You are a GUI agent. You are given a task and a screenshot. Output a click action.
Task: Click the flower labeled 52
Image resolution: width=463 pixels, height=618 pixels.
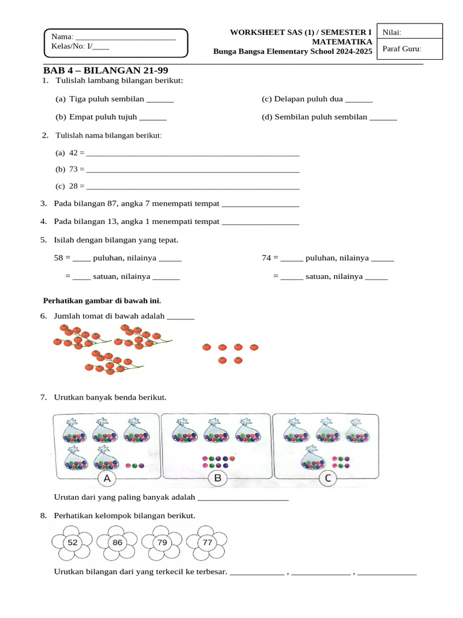[x=72, y=543]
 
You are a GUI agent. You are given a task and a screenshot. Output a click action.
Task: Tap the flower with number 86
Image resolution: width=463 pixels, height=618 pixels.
[x=118, y=543]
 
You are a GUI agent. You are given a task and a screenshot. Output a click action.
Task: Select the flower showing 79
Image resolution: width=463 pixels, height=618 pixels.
[x=162, y=543]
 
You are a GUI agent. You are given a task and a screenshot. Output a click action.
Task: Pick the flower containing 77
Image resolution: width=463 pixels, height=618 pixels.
[x=207, y=543]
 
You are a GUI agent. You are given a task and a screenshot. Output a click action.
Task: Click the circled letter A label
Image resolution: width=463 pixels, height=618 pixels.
[x=107, y=479]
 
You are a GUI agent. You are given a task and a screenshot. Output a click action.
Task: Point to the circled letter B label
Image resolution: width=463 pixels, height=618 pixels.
[x=218, y=479]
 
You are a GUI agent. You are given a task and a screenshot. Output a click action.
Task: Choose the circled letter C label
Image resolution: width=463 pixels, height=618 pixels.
[x=328, y=479]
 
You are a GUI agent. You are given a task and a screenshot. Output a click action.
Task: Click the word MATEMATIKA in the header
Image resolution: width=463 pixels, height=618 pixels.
[x=341, y=42]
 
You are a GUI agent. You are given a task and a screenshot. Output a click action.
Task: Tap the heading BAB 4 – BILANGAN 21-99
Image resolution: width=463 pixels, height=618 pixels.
[x=106, y=71]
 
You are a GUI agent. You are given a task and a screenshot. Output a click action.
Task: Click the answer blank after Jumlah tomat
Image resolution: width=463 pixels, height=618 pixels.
[x=180, y=316]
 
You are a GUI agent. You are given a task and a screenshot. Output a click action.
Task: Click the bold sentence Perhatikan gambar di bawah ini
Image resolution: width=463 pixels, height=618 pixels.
[x=102, y=300]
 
